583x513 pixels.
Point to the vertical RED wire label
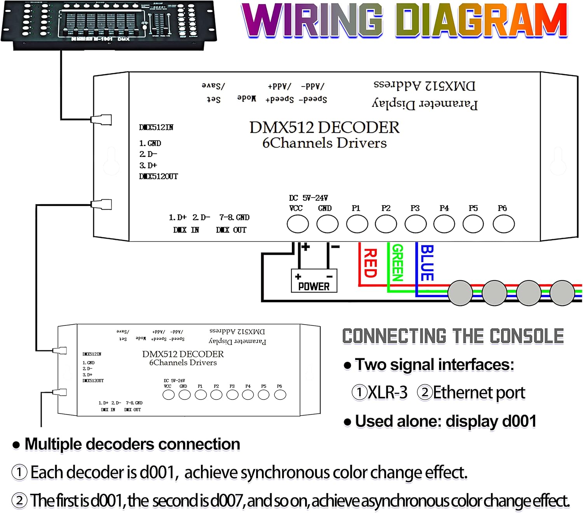click(370, 263)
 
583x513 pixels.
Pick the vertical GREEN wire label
click(398, 263)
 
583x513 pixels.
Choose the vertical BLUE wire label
click(427, 263)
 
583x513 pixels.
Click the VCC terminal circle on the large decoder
click(298, 224)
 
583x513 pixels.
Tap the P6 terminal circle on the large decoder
click(503, 224)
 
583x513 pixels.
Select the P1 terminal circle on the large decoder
click(357, 224)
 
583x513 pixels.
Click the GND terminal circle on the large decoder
click(327, 224)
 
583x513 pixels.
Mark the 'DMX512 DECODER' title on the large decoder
click(324, 127)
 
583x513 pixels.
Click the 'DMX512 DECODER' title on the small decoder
click(183, 354)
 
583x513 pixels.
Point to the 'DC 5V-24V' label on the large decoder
click(308, 198)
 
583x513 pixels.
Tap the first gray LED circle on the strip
click(460, 293)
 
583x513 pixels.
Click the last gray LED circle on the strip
click(562, 293)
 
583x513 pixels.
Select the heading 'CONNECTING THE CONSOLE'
click(453, 336)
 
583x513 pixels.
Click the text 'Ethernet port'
click(479, 393)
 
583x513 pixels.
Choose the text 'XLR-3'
click(388, 393)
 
